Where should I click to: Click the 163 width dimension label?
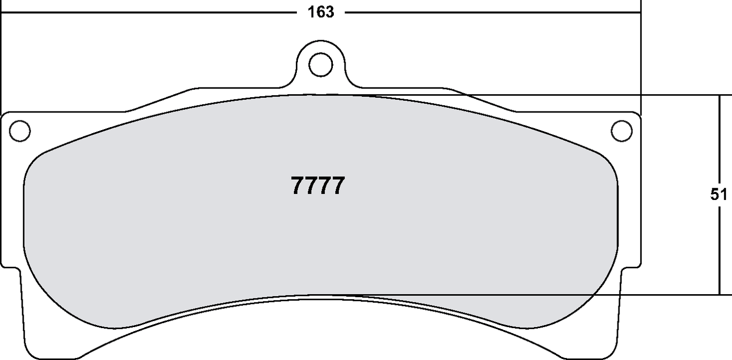click(x=321, y=12)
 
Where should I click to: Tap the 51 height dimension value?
click(x=718, y=195)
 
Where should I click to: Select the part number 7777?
click(x=318, y=186)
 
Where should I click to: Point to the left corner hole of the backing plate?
click(x=20, y=131)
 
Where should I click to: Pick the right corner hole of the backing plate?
click(x=622, y=131)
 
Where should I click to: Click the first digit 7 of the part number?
click(x=298, y=186)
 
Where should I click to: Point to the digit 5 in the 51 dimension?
click(x=715, y=195)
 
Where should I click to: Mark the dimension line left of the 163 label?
click(x=152, y=12)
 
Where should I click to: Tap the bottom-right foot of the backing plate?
click(x=608, y=329)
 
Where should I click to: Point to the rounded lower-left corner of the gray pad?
click(x=46, y=299)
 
